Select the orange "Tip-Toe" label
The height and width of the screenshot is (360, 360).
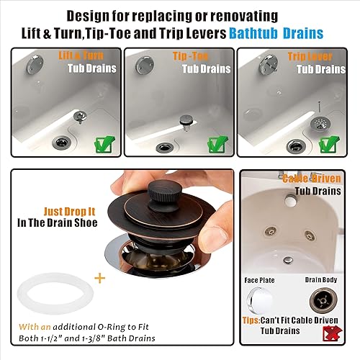pyautogui.click(x=190, y=56)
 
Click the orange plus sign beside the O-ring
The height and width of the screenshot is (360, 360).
pyautogui.click(x=100, y=278)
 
